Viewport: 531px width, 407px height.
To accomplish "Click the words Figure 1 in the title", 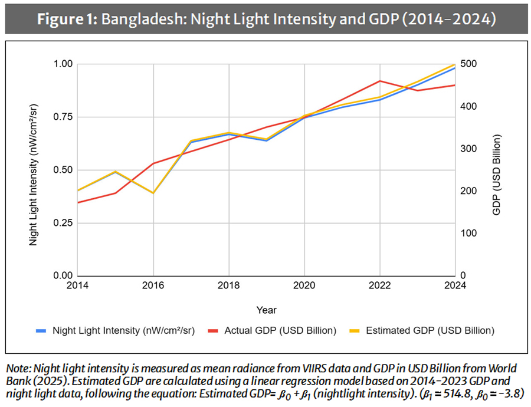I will click(x=67, y=18).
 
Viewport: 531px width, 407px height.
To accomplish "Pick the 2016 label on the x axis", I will click(x=153, y=286).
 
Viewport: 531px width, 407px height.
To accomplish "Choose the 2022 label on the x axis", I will click(x=379, y=286).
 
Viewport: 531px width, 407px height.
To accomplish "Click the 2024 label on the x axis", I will click(x=454, y=286).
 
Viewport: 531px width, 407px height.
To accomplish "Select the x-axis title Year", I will click(x=266, y=310).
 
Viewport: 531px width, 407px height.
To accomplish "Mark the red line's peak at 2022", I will click(x=379, y=81).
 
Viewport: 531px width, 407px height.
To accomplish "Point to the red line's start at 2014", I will click(x=78, y=202).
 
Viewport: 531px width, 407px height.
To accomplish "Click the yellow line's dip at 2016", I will click(x=153, y=193).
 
